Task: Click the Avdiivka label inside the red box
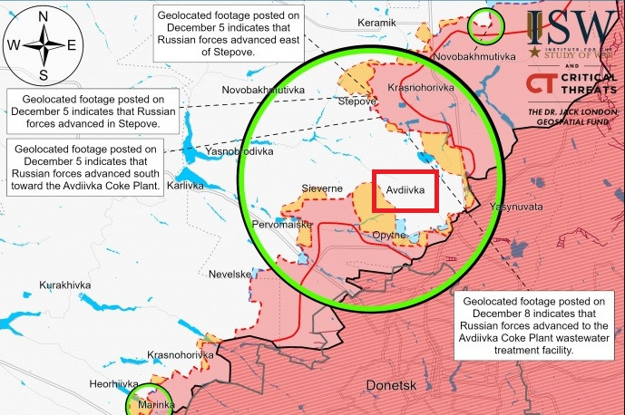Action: [405, 191]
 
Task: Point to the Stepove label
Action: [356, 102]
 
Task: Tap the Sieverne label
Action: [322, 188]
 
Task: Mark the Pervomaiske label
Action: [282, 223]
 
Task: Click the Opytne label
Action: [389, 235]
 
